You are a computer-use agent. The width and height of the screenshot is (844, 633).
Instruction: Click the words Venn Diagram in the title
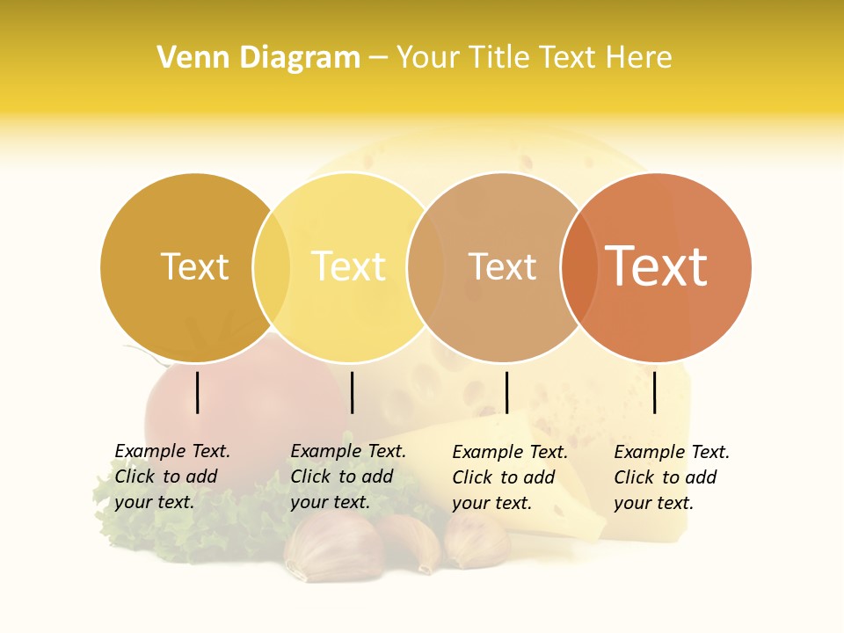[258, 58]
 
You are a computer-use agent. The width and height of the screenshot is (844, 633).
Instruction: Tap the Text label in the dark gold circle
[194, 266]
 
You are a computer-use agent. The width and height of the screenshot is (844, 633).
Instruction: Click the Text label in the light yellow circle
[348, 266]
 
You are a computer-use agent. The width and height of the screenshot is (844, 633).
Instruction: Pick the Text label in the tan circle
[502, 266]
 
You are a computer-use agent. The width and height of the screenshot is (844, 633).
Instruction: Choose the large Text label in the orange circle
[657, 266]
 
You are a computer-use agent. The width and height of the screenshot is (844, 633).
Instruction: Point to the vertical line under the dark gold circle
[198, 392]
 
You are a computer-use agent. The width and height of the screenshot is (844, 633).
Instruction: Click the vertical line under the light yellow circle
[352, 392]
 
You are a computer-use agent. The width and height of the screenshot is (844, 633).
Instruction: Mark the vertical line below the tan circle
[506, 392]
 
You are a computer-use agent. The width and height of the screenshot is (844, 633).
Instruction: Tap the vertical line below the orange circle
[655, 392]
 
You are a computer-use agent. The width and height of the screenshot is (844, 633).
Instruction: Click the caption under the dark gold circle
[172, 477]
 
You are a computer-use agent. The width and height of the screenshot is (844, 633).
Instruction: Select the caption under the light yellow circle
[348, 477]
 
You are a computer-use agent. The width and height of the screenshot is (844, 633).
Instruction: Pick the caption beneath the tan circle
[510, 477]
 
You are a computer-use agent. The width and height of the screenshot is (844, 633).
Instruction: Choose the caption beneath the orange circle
[672, 477]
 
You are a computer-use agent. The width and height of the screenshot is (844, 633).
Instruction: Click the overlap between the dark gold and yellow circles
[272, 267]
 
